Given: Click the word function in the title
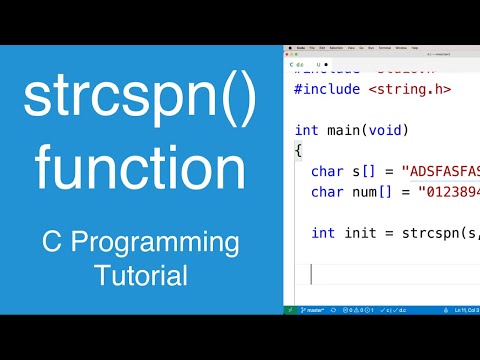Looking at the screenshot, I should [141, 165].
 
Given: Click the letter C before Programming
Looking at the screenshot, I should [52, 242].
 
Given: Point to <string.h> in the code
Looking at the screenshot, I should [411, 89].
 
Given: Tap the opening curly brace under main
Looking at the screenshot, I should [298, 150].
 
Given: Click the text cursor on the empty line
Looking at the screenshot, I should [312, 273].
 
